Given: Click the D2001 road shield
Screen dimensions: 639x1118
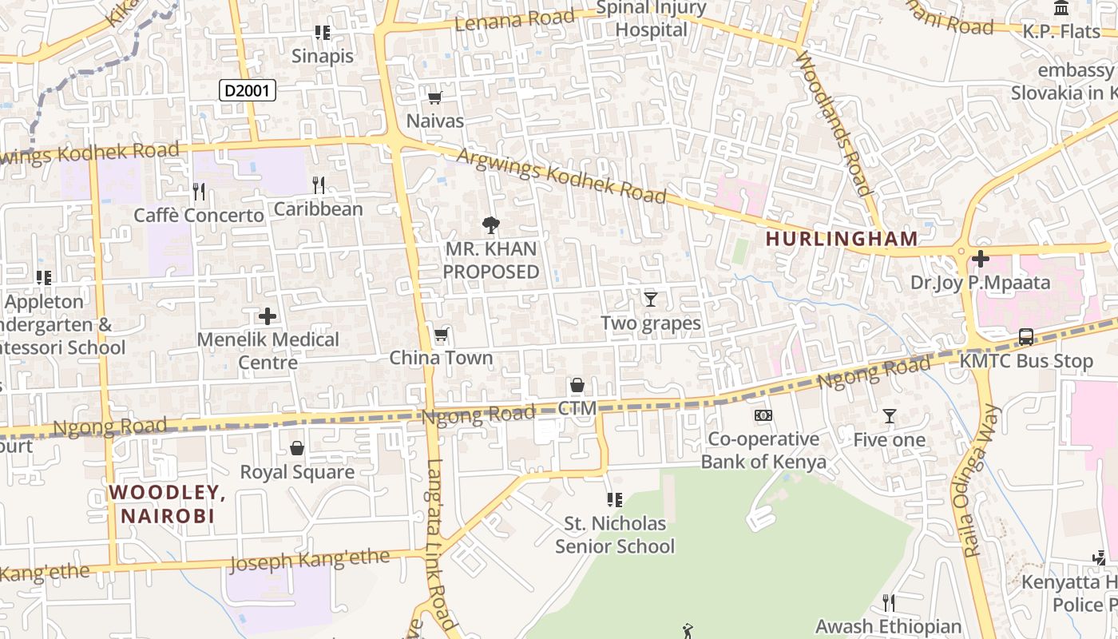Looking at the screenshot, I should point(248,91).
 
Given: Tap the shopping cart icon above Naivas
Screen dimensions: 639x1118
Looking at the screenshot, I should point(434,98).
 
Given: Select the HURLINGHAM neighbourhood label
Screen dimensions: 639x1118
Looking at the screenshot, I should point(842,238).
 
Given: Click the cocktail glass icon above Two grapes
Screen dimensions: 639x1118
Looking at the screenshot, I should point(651,300).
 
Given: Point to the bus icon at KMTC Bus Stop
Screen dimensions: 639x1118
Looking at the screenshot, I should point(1026,337).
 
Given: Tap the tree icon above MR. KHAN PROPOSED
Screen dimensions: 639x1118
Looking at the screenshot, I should point(491,225).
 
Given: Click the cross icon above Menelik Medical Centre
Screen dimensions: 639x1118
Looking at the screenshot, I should point(268,316).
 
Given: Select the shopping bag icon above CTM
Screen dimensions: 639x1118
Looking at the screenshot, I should point(577,386).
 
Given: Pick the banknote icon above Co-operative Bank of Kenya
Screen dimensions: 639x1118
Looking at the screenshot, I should point(763,415).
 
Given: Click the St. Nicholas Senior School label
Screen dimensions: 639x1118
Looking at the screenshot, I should point(615,535).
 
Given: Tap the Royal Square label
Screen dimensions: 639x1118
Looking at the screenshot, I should point(297,472).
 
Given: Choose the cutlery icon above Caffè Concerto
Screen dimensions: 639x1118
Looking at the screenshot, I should point(199,192).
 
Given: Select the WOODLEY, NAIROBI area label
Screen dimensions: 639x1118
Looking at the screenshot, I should point(168,503).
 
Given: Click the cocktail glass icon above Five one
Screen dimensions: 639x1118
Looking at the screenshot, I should point(889,416).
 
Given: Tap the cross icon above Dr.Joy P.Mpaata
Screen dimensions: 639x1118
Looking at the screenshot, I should point(980,259).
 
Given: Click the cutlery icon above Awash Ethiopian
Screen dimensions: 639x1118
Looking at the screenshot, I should point(888,602).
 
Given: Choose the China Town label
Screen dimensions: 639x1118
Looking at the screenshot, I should point(441,358).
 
